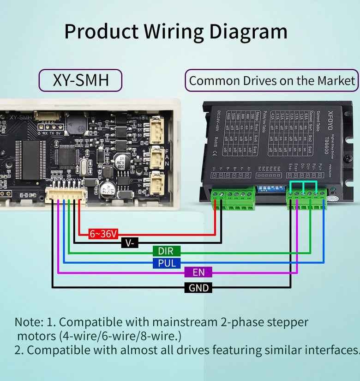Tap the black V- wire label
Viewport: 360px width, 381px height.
130,242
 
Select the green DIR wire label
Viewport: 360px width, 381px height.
166,251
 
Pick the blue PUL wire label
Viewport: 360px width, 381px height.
166,263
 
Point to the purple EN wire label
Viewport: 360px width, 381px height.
198,272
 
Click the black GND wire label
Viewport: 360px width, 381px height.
199,288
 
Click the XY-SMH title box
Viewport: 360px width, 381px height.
81,80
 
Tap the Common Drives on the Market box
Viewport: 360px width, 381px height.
272,81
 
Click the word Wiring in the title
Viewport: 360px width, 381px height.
174,31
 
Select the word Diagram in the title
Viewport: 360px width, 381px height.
248,31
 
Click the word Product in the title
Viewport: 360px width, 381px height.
101,31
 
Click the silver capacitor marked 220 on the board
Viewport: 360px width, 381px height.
122,161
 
